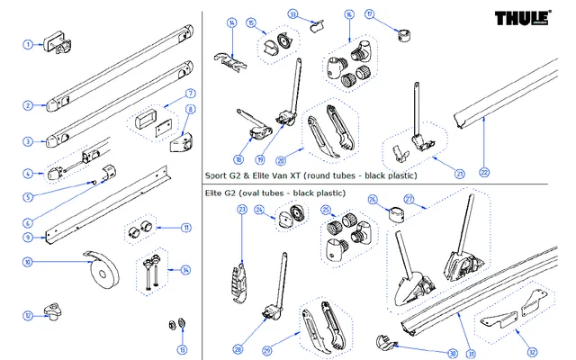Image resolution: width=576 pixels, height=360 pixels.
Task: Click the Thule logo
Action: coord(529,19)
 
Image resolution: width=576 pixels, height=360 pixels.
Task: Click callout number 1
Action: coord(28,44)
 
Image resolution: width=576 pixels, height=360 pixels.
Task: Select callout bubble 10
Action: coord(28,262)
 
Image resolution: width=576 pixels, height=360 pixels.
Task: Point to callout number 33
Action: coord(293,13)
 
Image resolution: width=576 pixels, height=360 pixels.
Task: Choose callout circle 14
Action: coord(232,22)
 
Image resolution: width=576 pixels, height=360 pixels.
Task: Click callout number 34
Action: coord(184,270)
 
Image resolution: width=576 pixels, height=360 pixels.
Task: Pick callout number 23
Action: coord(241,209)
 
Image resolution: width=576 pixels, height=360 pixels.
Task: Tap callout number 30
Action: coord(453,354)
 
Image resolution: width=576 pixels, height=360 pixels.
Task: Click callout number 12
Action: coord(28,315)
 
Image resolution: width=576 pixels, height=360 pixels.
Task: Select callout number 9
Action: coord(28,238)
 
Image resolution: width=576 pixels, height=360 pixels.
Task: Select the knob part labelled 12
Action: coord(59,312)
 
